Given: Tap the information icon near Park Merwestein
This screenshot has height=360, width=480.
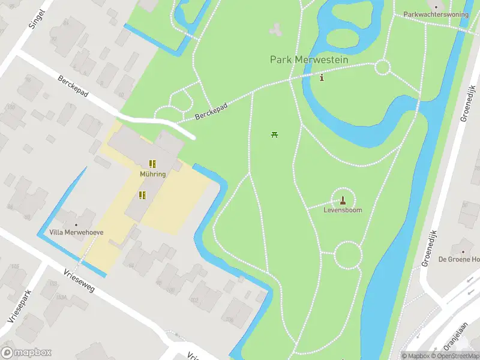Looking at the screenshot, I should [322, 77].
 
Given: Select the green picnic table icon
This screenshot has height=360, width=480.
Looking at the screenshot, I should [274, 134].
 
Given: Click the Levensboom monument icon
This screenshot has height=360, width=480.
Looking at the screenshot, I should [343, 200].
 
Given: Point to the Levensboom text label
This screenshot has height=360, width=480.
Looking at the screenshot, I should [343, 211].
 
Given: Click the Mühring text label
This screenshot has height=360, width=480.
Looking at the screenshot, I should [152, 174].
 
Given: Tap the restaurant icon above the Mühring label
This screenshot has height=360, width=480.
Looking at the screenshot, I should [152, 163].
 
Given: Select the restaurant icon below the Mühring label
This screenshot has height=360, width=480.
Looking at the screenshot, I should [142, 195].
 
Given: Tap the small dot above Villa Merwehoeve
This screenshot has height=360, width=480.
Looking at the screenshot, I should [76, 224].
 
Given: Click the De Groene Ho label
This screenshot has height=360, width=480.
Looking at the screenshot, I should [460, 259].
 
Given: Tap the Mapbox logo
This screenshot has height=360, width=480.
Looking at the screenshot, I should [26, 353].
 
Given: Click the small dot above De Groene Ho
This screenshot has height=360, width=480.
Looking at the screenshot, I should [462, 250].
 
